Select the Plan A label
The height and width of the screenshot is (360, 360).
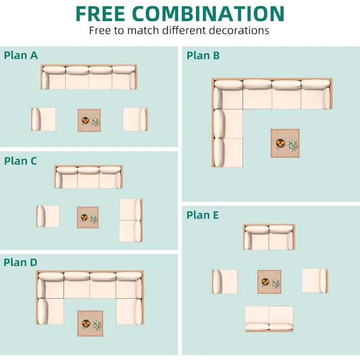(21, 55)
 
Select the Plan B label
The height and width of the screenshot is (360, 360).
(203, 55)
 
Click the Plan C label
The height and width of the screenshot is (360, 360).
(21, 161)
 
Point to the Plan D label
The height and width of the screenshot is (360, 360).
(21, 262)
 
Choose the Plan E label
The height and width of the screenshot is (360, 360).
(202, 215)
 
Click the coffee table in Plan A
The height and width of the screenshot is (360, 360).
(89, 120)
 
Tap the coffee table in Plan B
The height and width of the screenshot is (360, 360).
(285, 143)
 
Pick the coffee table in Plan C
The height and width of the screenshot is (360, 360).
(88, 217)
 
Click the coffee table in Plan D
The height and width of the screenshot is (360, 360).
(90, 323)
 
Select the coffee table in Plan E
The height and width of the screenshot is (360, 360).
(269, 282)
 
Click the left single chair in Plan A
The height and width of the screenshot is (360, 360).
(43, 119)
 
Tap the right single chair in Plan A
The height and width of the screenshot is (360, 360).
(135, 119)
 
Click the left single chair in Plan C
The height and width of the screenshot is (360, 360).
(48, 216)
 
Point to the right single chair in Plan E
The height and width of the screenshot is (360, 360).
(315, 281)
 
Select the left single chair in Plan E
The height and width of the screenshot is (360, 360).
(225, 282)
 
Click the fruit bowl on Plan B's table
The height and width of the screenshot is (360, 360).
(280, 144)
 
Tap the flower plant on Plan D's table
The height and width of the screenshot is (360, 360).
(96, 324)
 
